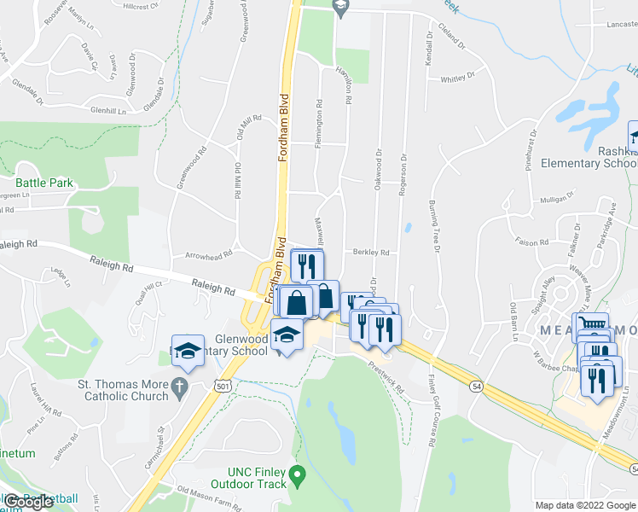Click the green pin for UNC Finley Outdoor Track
coord(297,474)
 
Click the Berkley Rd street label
coord(371,253)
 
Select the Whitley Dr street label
coord(456,79)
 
